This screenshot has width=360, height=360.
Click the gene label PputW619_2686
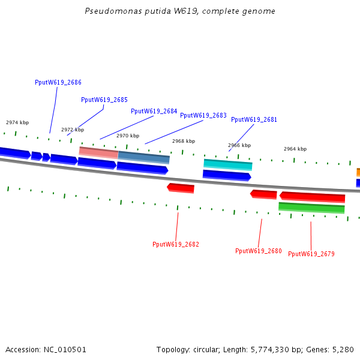[x=58, y=82]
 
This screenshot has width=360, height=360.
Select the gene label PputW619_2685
[x=104, y=100]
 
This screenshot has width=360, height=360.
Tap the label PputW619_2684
[x=154, y=111]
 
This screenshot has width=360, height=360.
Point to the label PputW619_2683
[x=203, y=115]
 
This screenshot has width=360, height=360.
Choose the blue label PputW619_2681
[x=254, y=119]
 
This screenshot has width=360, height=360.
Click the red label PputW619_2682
[x=176, y=244]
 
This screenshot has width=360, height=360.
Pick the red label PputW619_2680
[x=258, y=251]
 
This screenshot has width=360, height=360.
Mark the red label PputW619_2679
[x=311, y=254]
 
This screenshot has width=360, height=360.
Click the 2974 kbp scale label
[x=17, y=122]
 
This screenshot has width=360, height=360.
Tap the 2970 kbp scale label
[x=128, y=136]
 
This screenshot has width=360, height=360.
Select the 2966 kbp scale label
[x=239, y=145]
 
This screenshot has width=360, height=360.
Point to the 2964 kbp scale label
[x=295, y=149]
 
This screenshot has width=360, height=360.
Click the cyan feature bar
[x=228, y=164]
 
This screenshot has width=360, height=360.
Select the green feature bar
[x=311, y=208]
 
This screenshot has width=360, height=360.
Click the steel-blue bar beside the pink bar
[x=144, y=157]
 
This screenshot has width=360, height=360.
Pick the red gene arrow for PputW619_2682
[x=181, y=188]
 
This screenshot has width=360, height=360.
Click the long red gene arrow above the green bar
[x=312, y=197]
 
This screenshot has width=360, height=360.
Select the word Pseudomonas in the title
[x=109, y=11]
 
